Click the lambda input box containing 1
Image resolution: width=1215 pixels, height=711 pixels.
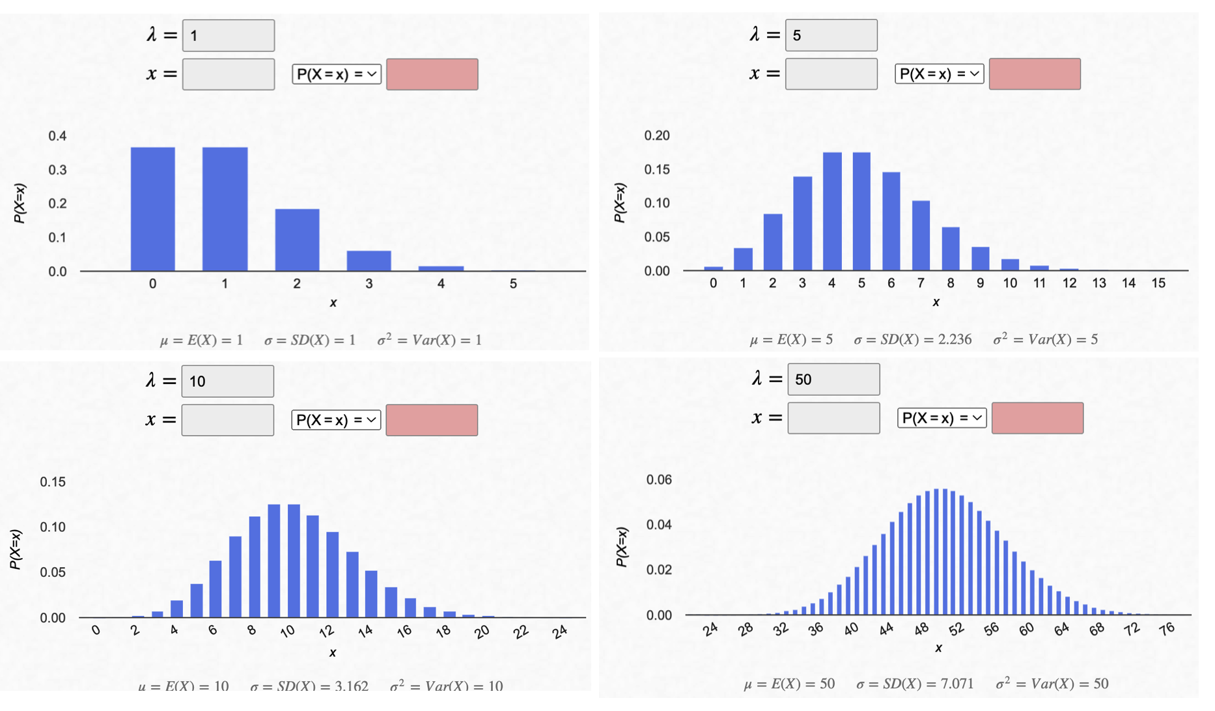point(228,36)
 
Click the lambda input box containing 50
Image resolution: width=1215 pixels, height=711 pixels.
point(833,380)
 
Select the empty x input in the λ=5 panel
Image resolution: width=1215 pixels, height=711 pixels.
point(831,74)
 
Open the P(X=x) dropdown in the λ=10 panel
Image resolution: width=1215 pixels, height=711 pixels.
point(336,420)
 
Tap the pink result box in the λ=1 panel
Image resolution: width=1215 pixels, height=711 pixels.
point(432,74)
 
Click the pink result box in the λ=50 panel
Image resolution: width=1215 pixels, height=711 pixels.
point(1037,418)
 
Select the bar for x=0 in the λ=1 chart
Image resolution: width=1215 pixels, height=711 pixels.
point(152,208)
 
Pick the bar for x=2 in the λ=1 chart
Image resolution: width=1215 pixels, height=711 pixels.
point(297,240)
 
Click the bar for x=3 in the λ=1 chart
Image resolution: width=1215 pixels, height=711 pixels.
point(369,260)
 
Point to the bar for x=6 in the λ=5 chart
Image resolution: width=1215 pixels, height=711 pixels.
point(891,221)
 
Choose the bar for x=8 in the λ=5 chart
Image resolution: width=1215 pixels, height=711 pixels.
point(950,249)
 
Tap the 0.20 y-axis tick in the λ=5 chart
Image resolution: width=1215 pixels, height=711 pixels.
point(657,135)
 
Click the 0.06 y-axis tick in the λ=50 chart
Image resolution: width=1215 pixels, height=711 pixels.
point(659,480)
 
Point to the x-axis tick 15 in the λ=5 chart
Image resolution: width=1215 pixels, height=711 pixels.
point(1158,283)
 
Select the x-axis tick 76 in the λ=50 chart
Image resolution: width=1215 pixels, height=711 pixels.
point(1167,628)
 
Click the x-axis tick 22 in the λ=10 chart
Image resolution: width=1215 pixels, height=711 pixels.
point(521,632)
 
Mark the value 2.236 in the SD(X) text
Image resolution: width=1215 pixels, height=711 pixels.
point(953,339)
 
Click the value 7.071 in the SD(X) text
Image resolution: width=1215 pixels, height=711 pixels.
point(955,684)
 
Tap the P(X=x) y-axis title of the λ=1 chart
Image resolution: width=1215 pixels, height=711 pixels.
point(20,204)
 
